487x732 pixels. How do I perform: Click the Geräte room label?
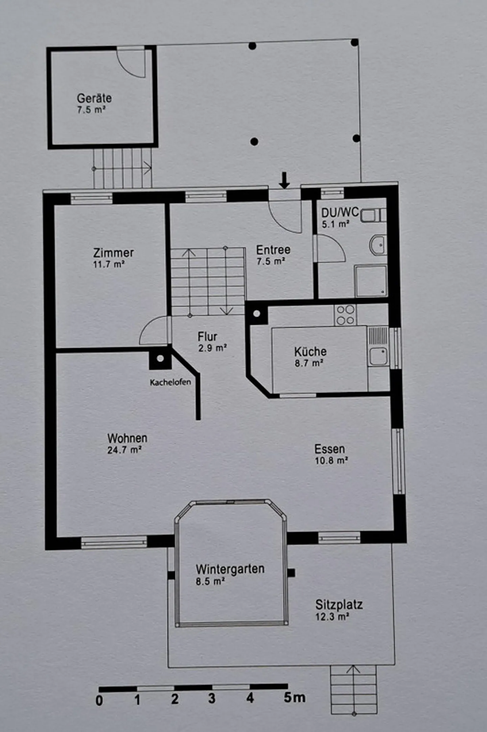[x=94, y=98]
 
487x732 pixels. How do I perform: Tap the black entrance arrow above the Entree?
[x=284, y=180]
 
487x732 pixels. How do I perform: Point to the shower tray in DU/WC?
[x=371, y=281]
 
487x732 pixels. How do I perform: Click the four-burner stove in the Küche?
[x=345, y=315]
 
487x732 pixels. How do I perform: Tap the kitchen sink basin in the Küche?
[x=378, y=356]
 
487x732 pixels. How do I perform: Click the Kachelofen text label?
[x=170, y=382]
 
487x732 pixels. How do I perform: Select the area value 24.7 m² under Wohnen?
[x=124, y=450]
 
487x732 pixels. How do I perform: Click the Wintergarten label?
[x=230, y=569]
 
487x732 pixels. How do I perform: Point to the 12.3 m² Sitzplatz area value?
[x=332, y=616]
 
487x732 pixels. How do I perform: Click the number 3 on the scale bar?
[x=212, y=698]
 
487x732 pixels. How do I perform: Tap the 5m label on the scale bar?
[x=294, y=697]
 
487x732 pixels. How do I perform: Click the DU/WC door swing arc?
[x=331, y=249]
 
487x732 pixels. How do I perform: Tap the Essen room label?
[x=329, y=449]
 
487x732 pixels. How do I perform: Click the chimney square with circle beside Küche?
[x=257, y=314]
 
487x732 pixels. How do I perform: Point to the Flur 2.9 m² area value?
[x=212, y=348]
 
